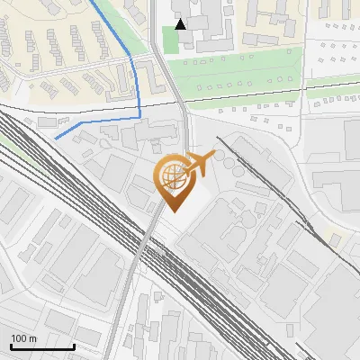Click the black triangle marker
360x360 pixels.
182,24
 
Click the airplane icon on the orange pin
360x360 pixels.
202,162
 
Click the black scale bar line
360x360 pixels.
41,346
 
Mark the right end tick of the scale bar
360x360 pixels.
74,345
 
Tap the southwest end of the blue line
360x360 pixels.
56,139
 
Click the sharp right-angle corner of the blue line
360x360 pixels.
140,117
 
